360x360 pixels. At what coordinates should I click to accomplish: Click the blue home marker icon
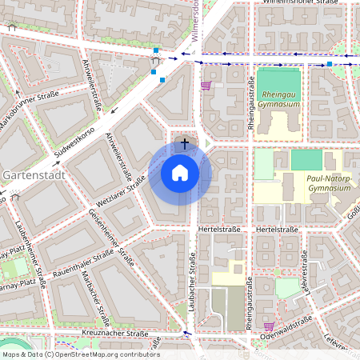click(180, 172)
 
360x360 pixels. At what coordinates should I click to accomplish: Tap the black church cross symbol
click(186, 144)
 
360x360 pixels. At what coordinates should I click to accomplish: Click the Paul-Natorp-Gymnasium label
click(329, 183)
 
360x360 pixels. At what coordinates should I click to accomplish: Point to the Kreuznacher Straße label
click(115, 331)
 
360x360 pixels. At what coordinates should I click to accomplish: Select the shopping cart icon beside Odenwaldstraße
click(269, 326)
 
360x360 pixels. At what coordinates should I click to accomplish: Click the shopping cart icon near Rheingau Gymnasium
click(206, 85)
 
